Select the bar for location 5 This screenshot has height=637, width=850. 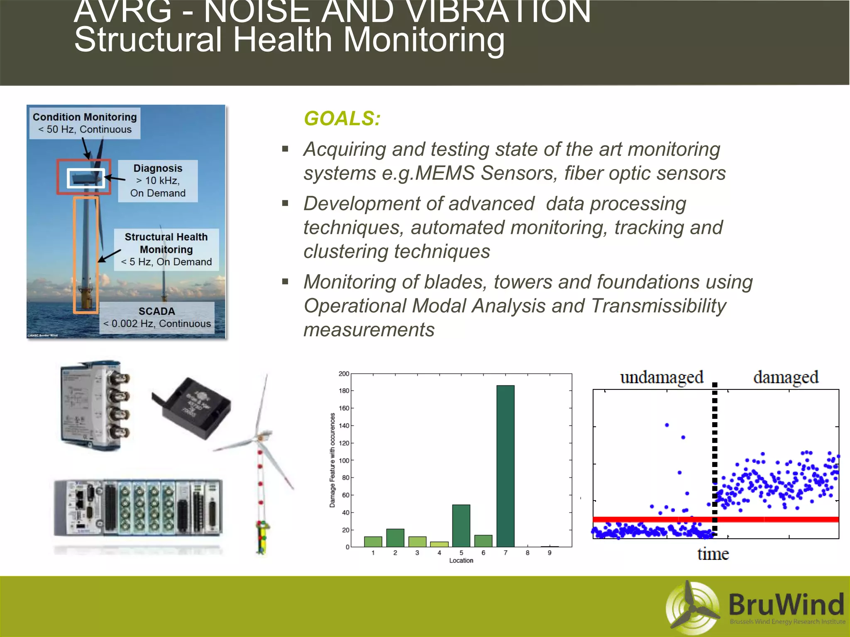point(461,525)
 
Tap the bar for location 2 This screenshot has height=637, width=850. point(395,538)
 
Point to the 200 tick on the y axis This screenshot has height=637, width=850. point(344,374)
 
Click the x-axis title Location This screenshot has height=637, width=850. point(461,560)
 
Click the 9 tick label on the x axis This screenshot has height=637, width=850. point(550,553)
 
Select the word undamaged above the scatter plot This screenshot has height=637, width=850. point(662,378)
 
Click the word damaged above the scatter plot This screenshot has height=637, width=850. point(786,378)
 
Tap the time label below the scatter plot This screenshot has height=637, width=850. point(713,554)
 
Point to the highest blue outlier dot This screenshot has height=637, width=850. point(667,425)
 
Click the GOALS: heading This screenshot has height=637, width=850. point(342,119)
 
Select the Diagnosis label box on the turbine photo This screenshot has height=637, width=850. point(158,181)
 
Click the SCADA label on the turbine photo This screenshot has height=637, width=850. point(157,311)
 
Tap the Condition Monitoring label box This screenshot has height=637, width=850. point(85,123)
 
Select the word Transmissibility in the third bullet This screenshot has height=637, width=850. point(658,306)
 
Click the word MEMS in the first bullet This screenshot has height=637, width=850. point(444,173)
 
